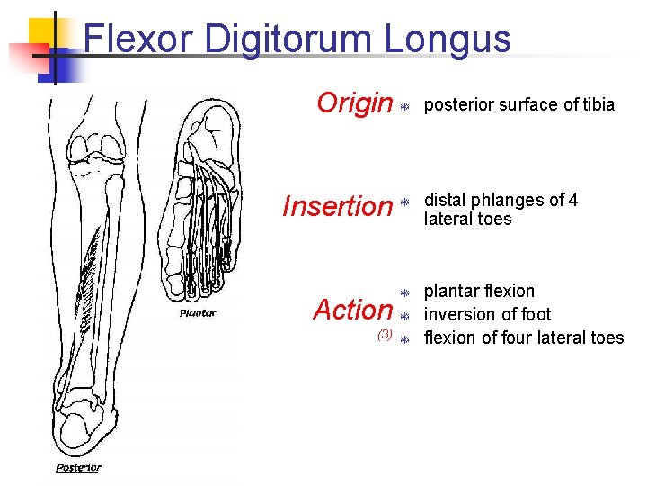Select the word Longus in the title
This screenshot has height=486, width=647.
pos(448,40)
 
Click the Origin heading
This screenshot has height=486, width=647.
pos(355,104)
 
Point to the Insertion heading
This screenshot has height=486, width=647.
pos(338,207)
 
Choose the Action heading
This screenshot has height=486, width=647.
pos(353,310)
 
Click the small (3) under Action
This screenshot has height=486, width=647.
pos(385,334)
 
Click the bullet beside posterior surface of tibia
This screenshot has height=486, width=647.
pos(405,106)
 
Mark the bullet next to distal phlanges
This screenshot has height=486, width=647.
pos(405,202)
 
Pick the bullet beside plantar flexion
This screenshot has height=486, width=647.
pos(405,292)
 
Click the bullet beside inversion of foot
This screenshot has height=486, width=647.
pos(405,316)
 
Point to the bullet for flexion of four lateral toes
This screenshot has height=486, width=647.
pos(405,339)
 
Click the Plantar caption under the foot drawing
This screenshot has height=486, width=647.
pos(197,313)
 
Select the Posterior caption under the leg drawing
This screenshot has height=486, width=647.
pos(78,467)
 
